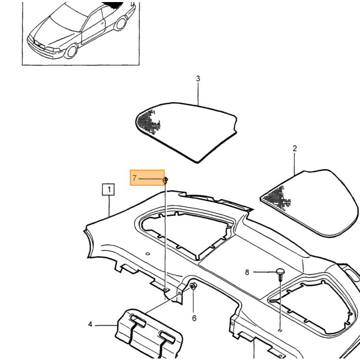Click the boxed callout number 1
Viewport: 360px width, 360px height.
click(x=108, y=189)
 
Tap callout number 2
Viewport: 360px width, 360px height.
click(x=295, y=148)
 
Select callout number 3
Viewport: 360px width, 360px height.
click(x=198, y=79)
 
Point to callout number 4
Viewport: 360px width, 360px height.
click(x=90, y=325)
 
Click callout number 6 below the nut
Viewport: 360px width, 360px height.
click(x=194, y=318)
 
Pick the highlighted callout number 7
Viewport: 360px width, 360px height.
click(x=135, y=178)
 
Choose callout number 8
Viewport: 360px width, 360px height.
click(x=247, y=272)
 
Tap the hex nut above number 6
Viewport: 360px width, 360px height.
click(x=193, y=286)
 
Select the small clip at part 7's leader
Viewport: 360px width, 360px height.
click(x=165, y=180)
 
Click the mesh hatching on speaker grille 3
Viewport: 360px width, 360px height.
click(x=148, y=121)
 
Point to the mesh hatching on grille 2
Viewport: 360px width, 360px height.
click(x=277, y=197)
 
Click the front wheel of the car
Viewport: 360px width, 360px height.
click(x=71, y=51)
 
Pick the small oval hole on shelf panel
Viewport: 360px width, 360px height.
click(x=148, y=254)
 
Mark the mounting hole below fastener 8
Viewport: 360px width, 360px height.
click(x=280, y=330)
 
